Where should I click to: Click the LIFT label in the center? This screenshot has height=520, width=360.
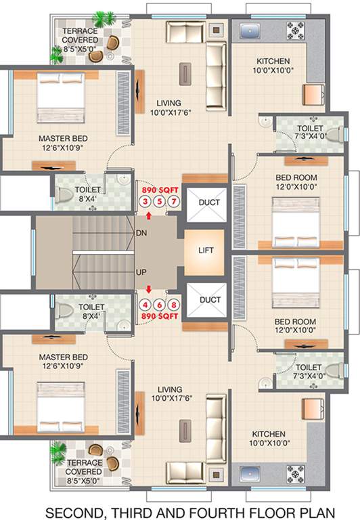206,250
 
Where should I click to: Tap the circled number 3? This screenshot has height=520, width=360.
144,202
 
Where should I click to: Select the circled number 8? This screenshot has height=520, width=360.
174,305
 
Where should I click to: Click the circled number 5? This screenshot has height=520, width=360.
159,202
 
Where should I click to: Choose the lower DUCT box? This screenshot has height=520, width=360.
206,299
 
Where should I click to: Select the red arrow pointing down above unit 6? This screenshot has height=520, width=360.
149,290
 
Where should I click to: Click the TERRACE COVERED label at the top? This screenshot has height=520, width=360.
81,35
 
